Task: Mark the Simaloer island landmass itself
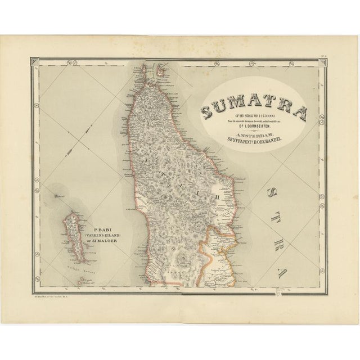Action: pyautogui.click(x=75, y=236)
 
